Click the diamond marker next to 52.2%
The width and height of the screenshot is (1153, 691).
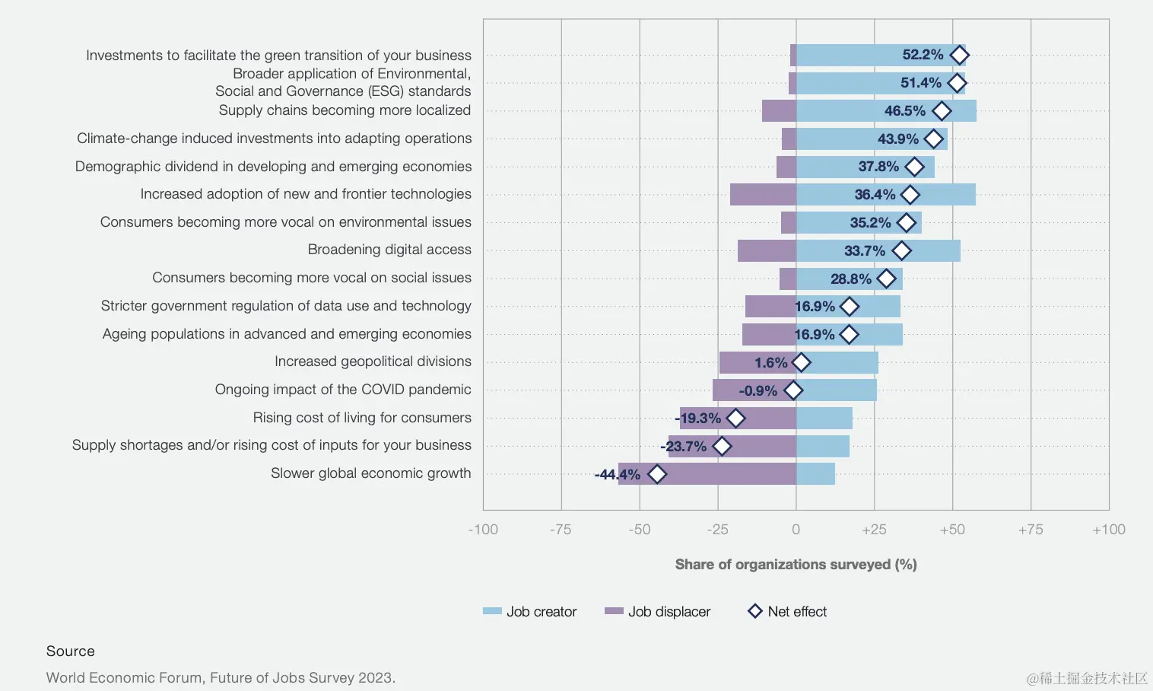click(959, 55)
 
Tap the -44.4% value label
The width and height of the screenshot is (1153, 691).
click(617, 474)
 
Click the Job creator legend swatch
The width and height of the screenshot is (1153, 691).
click(492, 611)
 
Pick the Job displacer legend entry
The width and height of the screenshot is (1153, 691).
click(658, 611)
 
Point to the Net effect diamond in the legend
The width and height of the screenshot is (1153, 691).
click(755, 611)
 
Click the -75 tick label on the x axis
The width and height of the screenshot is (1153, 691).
click(561, 530)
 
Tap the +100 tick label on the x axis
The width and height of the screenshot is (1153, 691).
click(1108, 530)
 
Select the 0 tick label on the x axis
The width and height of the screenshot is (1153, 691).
click(796, 530)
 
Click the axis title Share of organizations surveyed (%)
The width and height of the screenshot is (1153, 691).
click(796, 564)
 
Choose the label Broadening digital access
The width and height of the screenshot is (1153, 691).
click(389, 250)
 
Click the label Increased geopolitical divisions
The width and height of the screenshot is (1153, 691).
click(373, 361)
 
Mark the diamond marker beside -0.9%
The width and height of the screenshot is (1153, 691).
click(793, 390)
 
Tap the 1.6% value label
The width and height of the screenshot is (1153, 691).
click(770, 363)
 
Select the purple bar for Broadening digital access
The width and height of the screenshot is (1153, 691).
click(767, 250)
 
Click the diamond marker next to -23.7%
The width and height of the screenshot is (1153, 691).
click(722, 446)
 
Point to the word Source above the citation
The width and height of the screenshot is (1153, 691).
click(70, 651)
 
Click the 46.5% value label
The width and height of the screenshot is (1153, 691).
click(904, 111)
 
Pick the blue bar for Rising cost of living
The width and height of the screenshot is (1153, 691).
click(824, 418)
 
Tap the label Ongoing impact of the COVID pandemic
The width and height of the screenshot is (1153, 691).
click(343, 390)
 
